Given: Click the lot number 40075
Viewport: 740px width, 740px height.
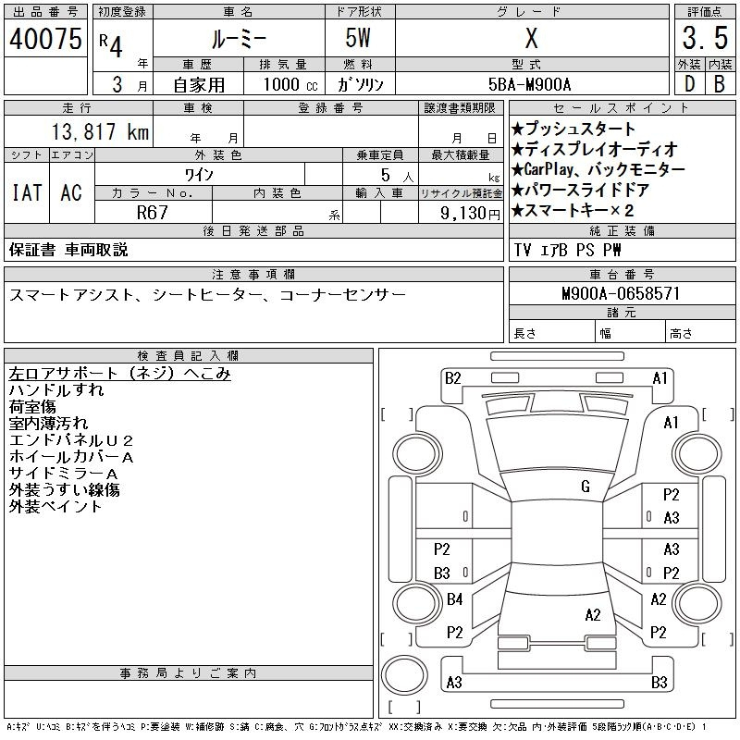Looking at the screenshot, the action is [x=45, y=39].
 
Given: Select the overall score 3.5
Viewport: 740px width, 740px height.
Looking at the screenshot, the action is [x=705, y=38].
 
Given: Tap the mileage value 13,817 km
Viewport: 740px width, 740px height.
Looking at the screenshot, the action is [x=100, y=131].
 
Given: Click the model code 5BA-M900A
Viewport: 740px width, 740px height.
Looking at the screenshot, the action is [x=529, y=84].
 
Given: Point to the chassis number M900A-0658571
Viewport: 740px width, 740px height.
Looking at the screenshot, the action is [x=621, y=293].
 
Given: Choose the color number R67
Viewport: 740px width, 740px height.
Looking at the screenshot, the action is [x=152, y=213].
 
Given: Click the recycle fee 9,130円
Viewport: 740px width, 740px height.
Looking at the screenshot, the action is [x=470, y=214].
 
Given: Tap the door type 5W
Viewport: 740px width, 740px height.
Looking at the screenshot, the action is [x=358, y=38].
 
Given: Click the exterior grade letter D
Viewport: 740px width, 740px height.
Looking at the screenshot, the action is [x=689, y=84].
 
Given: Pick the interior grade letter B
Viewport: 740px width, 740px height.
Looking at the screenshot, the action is [x=720, y=84].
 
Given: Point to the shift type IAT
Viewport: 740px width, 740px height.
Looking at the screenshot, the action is [x=27, y=192].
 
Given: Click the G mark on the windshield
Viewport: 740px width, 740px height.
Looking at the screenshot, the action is [x=586, y=487].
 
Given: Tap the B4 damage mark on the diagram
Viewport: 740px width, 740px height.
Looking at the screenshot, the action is [x=454, y=599].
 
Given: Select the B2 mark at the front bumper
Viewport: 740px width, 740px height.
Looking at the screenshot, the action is [x=452, y=378].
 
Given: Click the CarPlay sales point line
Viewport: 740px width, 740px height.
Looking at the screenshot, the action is [x=598, y=169].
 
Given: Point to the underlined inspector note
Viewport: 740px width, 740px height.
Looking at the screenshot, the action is [x=120, y=374].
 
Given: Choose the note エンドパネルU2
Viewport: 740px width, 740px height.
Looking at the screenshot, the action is [x=71, y=440].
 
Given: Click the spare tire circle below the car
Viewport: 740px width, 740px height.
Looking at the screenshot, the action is [x=404, y=675].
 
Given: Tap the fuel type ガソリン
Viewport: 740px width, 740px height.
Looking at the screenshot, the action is [x=360, y=84].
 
